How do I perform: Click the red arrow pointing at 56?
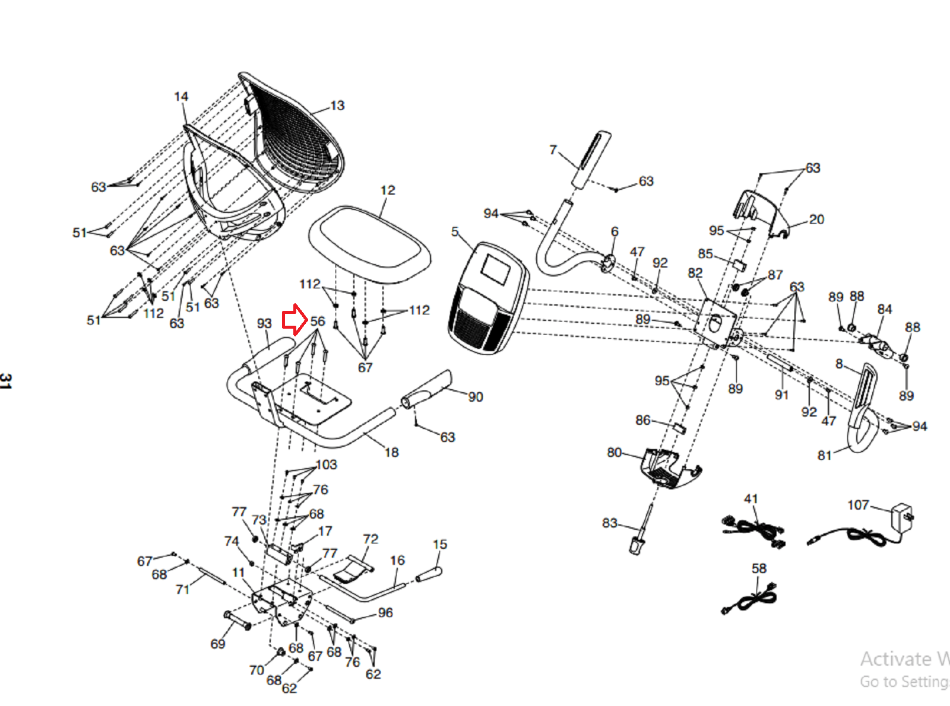[x=294, y=320]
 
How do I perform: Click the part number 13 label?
[x=337, y=106]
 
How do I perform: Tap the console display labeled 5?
[x=488, y=297]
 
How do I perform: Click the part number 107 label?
[x=858, y=505]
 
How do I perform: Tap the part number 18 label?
[x=391, y=452]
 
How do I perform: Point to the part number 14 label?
[x=181, y=96]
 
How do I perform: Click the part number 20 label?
[x=816, y=220]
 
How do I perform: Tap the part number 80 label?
[x=614, y=453]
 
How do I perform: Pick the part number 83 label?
[x=609, y=523]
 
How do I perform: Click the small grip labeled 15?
[x=429, y=574]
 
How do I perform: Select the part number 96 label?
[x=385, y=612]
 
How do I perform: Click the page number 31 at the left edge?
[x=5, y=381]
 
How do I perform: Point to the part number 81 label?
[x=824, y=455]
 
